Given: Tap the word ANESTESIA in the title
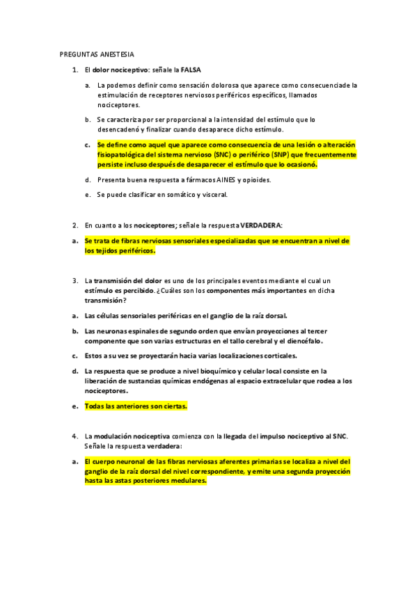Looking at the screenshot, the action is [x=116, y=54].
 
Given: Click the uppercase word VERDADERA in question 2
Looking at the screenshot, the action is [x=260, y=225].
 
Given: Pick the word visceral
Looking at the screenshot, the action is [x=213, y=195].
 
